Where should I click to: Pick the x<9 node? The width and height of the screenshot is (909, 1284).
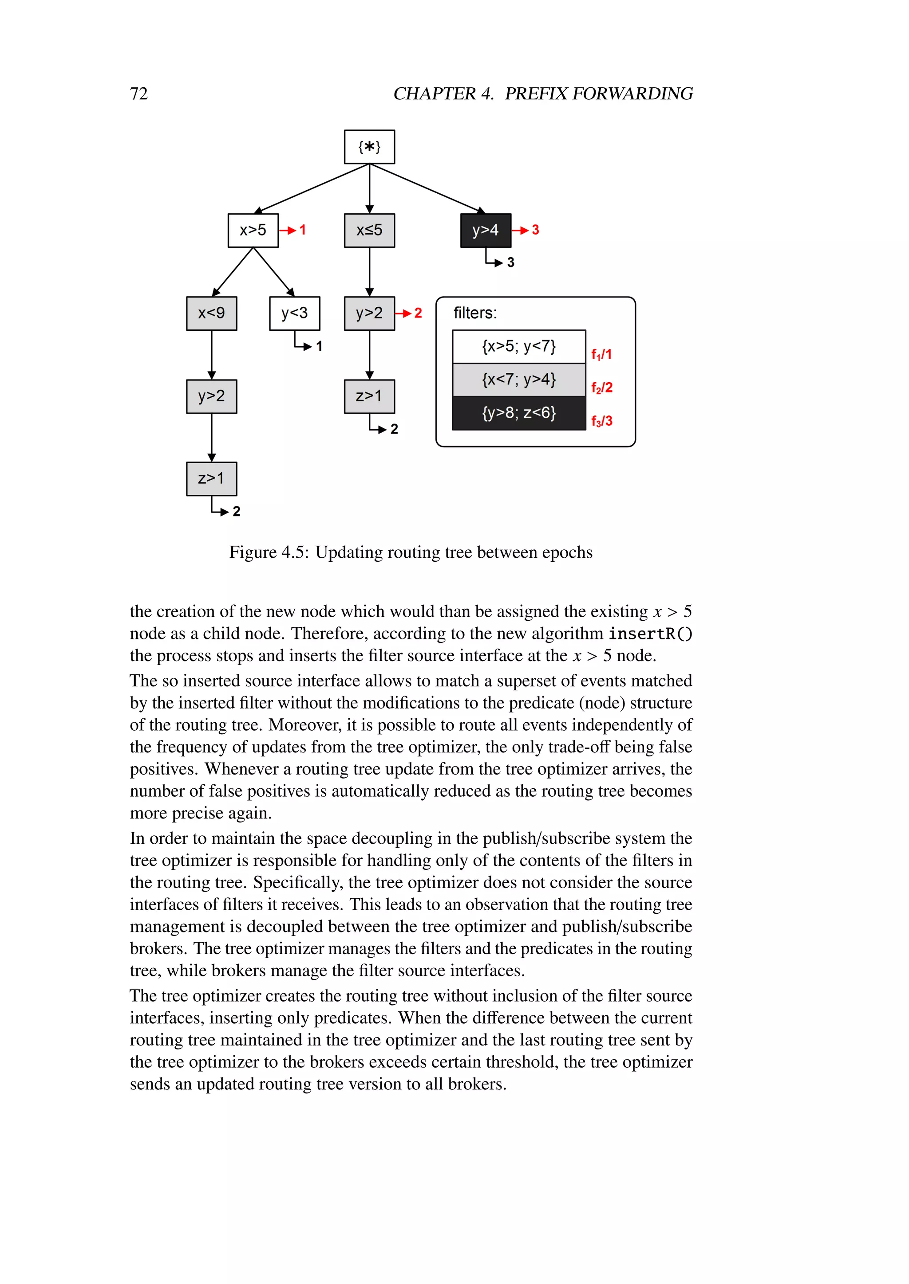tap(212, 313)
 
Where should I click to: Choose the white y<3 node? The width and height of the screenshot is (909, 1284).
tap(294, 313)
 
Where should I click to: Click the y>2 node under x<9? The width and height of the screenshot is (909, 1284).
tap(212, 396)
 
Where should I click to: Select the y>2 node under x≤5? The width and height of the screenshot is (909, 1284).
tap(369, 313)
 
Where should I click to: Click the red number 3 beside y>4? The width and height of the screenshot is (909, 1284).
tap(536, 230)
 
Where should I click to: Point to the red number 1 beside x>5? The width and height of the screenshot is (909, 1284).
tap(303, 230)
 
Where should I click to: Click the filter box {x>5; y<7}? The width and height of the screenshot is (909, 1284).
tap(519, 347)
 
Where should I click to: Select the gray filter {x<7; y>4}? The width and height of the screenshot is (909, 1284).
tap(519, 380)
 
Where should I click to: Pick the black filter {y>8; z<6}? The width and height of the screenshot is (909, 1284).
tap(519, 413)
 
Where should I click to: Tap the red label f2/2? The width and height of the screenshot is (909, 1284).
tap(602, 388)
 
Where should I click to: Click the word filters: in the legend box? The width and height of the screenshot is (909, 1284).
tap(474, 313)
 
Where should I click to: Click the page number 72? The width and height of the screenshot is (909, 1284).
tap(139, 94)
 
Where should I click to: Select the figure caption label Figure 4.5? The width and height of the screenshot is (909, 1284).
tap(269, 552)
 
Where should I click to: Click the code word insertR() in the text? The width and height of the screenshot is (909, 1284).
tap(650, 634)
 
